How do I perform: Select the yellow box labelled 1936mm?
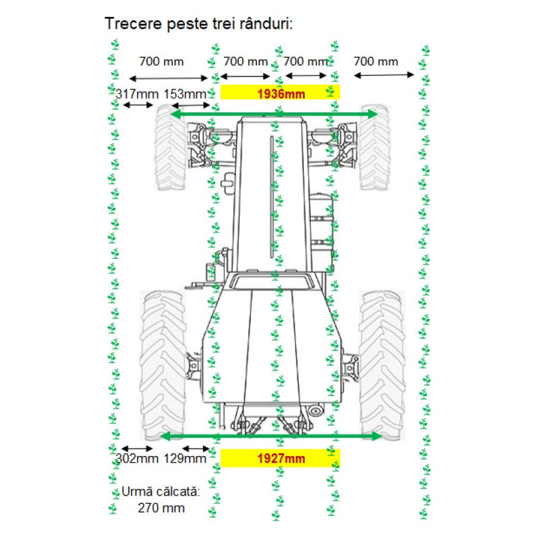tap(280, 93)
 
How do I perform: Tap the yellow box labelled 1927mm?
tap(280, 459)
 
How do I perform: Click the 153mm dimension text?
tap(185, 93)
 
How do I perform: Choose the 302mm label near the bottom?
tap(137, 459)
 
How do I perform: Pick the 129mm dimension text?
tap(185, 459)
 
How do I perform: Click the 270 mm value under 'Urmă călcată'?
tap(161, 508)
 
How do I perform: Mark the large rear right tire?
tap(382, 363)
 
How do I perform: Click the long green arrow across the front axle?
tap(274, 115)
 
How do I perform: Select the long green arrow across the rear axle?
tap(272, 436)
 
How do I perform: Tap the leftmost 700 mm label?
tap(161, 62)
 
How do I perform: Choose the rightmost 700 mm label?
tap(375, 62)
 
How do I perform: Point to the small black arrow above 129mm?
tap(196, 449)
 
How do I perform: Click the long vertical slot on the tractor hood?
tap(272, 195)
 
